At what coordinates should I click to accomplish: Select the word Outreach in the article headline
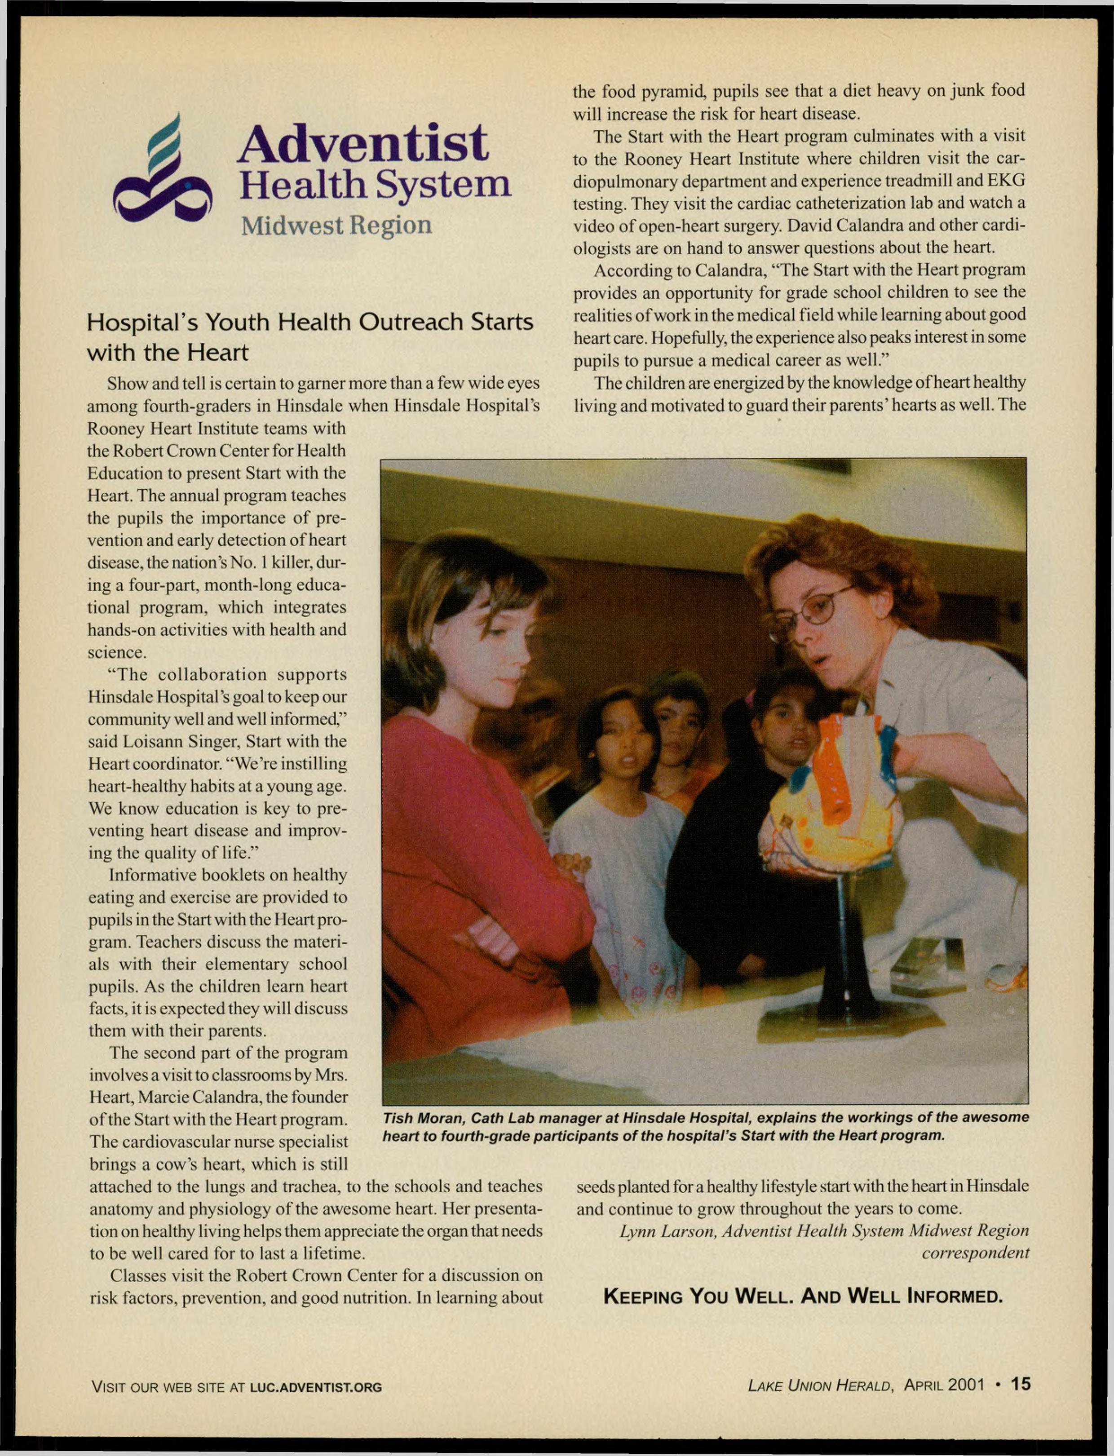[400, 322]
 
